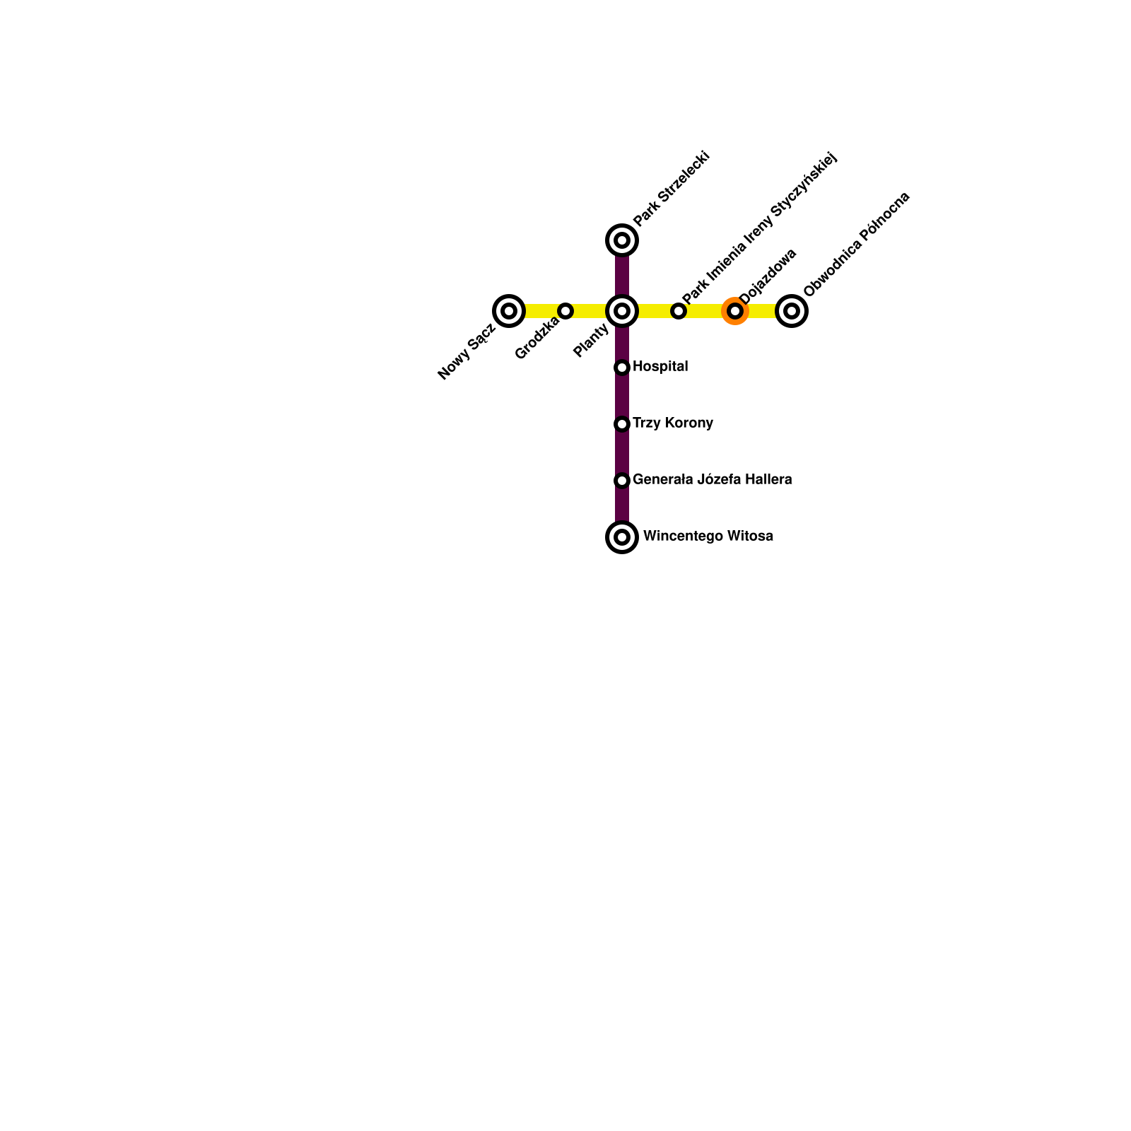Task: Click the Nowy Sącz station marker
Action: coord(509,311)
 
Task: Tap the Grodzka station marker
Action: coord(565,311)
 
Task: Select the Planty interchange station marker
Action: coord(622,311)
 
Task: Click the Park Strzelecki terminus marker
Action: coord(622,240)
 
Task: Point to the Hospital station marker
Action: coord(622,368)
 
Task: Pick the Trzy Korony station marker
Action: coord(622,424)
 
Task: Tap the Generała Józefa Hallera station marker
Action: coord(622,481)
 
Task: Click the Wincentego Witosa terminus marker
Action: coord(622,537)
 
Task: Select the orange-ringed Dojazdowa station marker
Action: coord(735,311)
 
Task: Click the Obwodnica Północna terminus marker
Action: coord(792,311)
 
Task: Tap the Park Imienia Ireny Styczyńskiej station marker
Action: coord(679,311)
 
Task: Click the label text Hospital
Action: coord(660,366)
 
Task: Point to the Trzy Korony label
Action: coord(673,423)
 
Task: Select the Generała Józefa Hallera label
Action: coord(712,479)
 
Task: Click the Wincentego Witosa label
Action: coord(708,536)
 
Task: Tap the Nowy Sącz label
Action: coord(466,352)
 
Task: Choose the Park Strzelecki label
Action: coord(671,189)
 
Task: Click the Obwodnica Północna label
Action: coord(857,244)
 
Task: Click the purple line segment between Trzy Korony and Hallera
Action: coord(622,452)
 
